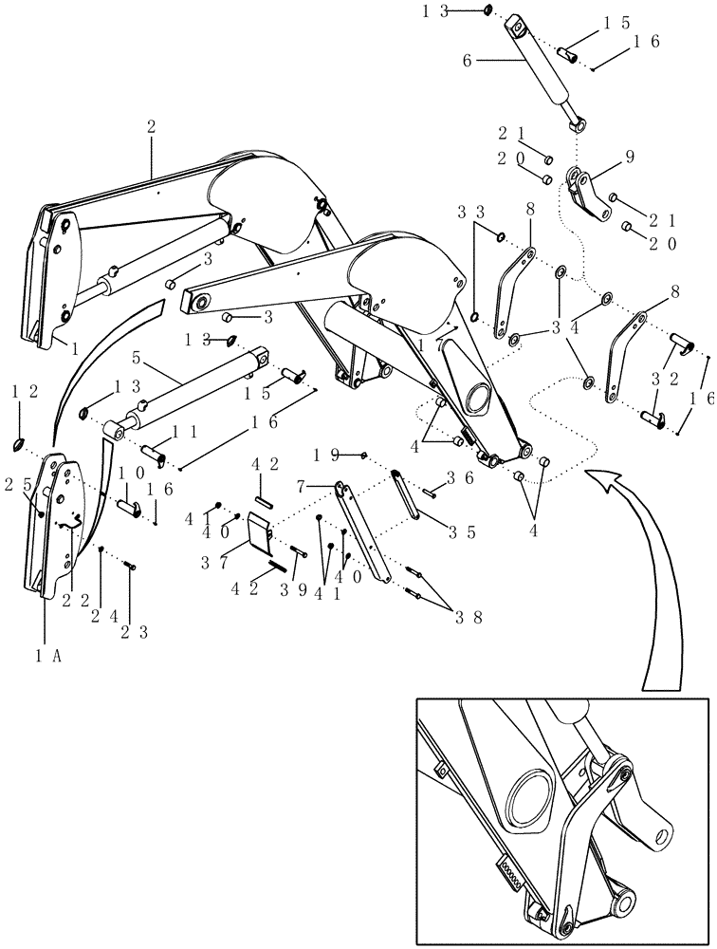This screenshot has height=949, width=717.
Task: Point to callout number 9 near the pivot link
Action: [629, 157]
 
